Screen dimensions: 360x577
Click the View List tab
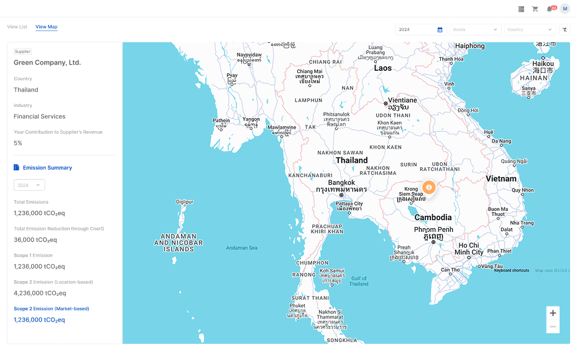coord(17,27)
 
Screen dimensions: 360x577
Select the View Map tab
coord(46,27)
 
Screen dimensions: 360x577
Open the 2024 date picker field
coord(420,29)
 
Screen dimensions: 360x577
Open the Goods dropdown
coord(476,29)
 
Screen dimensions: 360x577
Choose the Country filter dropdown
coord(530,29)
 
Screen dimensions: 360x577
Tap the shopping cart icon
coord(535,9)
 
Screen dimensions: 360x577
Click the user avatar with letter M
coord(565,9)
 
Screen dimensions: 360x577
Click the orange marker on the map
coord(429,187)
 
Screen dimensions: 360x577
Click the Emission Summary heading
coord(47,168)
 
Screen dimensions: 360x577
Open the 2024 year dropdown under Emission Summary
coord(29,185)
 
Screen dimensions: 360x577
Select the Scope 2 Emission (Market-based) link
coord(52,308)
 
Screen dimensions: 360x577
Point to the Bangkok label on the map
coord(341,183)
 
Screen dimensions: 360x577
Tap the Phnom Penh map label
coord(433,229)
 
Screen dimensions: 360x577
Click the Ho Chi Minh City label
coord(469,249)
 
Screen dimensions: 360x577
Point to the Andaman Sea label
coord(242,248)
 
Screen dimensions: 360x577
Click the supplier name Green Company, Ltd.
coord(47,63)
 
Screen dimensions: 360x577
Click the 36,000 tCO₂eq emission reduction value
coord(35,239)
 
